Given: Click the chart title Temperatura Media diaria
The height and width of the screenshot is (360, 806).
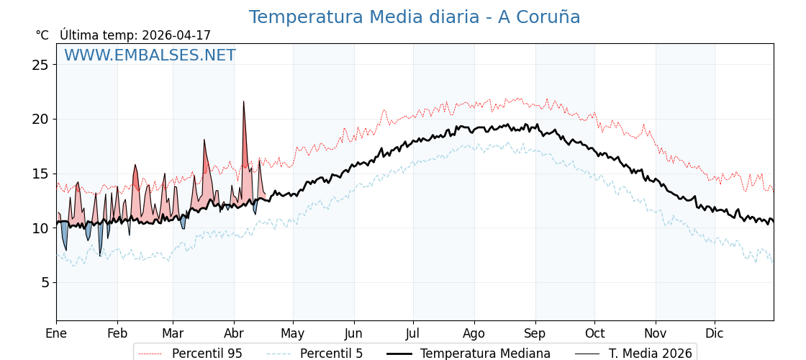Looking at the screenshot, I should click(415, 17).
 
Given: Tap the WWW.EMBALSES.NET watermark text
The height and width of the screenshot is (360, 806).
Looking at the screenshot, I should click(150, 55).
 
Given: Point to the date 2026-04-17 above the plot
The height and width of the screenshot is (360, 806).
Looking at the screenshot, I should click(176, 35).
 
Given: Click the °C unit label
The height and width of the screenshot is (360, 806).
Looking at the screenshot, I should click(42, 35).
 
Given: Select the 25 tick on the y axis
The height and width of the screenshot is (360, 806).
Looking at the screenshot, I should click(40, 65).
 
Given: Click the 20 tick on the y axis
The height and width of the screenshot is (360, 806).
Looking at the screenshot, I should click(40, 119).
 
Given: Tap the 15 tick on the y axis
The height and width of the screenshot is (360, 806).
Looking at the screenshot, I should click(40, 174).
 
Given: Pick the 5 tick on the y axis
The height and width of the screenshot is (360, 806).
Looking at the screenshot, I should click(45, 282).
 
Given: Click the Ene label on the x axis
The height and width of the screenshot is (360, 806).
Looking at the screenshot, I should click(56, 334).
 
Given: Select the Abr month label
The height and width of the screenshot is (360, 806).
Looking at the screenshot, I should click(234, 334).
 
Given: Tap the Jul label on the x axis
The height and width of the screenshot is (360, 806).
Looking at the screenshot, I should click(413, 334).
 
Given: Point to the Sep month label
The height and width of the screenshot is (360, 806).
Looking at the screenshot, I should click(535, 334).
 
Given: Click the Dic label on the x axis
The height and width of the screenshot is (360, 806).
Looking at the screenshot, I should click(715, 334).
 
